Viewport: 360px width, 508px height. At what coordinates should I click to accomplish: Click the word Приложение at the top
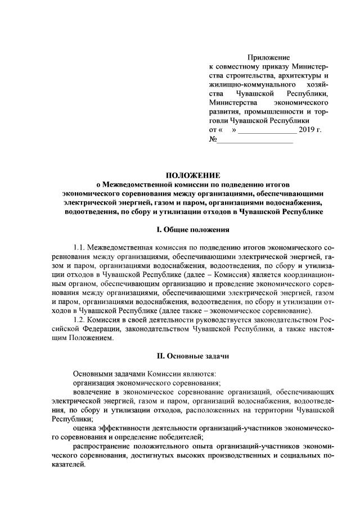tap(268, 57)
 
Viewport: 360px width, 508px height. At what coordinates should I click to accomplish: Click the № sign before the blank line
tap(213, 139)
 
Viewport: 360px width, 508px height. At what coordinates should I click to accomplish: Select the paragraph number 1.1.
tap(81, 247)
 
